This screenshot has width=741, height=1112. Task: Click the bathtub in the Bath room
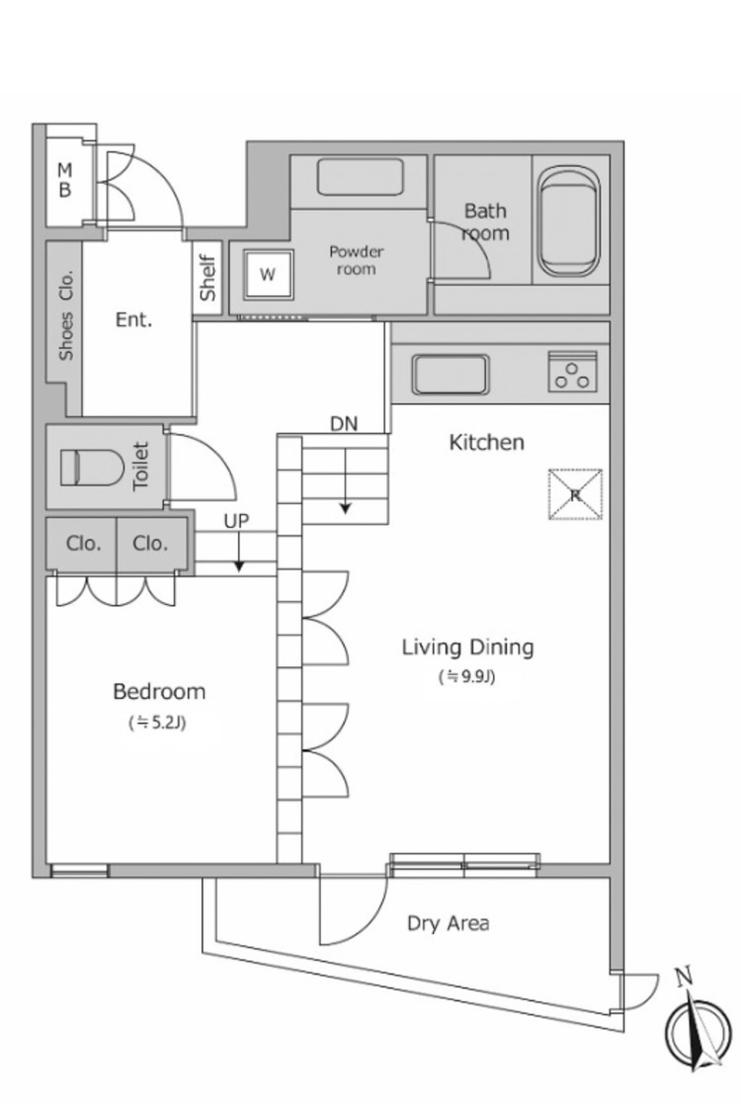click(x=569, y=223)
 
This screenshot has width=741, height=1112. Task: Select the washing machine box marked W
click(x=268, y=274)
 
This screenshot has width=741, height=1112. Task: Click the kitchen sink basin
click(x=451, y=374)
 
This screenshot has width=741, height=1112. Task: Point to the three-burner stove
click(x=572, y=371)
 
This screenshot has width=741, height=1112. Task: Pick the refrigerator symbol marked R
click(x=575, y=494)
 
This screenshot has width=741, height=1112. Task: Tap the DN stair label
click(x=344, y=424)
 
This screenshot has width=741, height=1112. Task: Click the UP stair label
click(x=237, y=521)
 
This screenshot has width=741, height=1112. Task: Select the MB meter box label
click(x=64, y=180)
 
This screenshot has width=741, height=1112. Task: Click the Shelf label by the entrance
click(x=207, y=278)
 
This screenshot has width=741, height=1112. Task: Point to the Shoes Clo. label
click(x=66, y=315)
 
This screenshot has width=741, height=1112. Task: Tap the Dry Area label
click(x=449, y=923)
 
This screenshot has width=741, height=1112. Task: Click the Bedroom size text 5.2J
click(x=157, y=723)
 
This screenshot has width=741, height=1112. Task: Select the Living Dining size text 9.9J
click(x=466, y=677)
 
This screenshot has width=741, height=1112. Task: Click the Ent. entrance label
click(x=133, y=320)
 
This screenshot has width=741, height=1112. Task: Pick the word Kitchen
click(x=486, y=443)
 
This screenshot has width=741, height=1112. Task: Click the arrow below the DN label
click(x=346, y=480)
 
